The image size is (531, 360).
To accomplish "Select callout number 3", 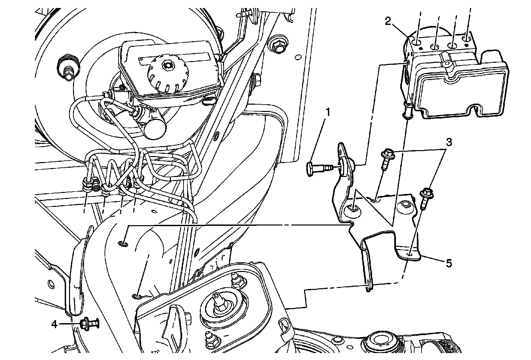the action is point(448,142).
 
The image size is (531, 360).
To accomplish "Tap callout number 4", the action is point(54,323).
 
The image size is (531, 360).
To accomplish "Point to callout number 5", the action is point(448,263).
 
